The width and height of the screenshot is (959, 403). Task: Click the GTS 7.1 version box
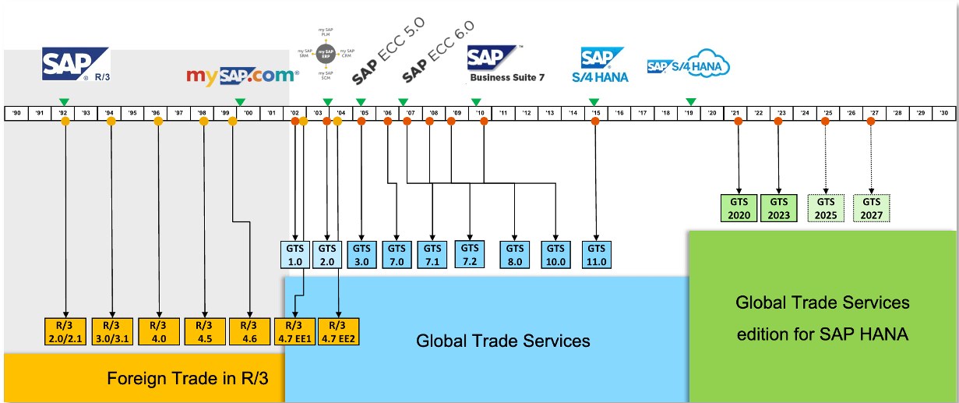click(x=432, y=255)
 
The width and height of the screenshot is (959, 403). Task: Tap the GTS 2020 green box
click(x=738, y=208)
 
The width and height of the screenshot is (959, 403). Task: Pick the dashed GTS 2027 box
click(x=871, y=208)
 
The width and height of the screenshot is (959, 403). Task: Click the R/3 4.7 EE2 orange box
click(x=338, y=331)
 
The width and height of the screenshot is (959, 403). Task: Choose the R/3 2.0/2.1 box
click(x=65, y=331)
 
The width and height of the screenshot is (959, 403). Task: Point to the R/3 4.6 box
click(x=249, y=331)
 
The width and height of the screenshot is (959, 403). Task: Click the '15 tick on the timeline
click(x=596, y=113)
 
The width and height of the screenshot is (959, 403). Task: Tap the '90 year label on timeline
click(x=16, y=113)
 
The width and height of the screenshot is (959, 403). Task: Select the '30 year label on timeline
click(x=943, y=113)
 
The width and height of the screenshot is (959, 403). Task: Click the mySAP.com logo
click(x=242, y=76)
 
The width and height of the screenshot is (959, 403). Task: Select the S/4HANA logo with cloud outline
click(x=689, y=66)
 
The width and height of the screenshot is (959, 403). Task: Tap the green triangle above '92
click(x=64, y=101)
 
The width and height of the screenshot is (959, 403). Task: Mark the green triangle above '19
click(x=690, y=101)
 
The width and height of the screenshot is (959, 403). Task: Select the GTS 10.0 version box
click(x=555, y=255)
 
